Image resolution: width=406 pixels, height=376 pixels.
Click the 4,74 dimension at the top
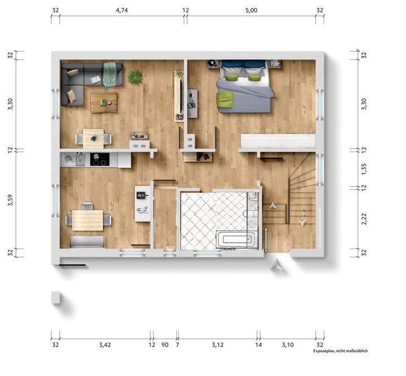tap(122, 10)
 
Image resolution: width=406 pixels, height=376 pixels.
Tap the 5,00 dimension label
tap(251, 10)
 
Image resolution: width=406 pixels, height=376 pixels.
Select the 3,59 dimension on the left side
tap(10, 201)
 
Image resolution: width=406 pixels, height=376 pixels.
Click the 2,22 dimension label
tap(364, 219)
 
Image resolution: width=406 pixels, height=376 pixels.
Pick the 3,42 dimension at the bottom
tap(104, 344)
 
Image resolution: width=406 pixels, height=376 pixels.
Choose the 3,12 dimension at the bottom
tap(217, 344)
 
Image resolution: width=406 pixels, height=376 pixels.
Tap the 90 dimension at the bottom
tap(164, 344)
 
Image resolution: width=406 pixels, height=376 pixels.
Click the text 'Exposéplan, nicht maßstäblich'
tap(341, 351)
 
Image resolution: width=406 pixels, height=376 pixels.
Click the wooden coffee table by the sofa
tap(104, 102)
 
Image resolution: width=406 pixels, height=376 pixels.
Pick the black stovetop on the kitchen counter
tap(99, 160)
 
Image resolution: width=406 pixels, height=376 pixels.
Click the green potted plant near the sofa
tap(135, 77)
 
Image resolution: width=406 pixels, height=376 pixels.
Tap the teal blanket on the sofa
tap(110, 74)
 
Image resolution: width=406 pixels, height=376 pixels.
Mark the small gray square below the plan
tap(55, 297)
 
